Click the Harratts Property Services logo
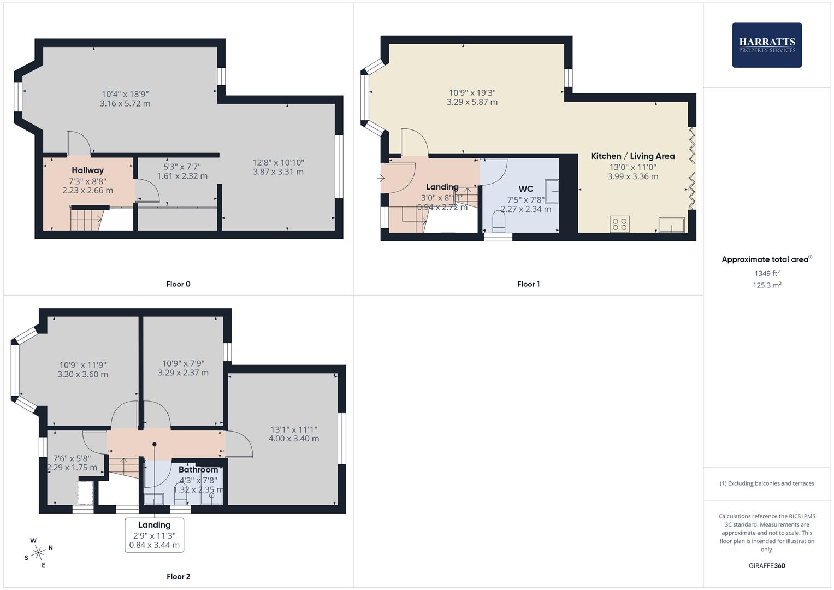766,45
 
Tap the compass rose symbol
38,553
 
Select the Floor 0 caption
178,284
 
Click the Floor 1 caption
528,284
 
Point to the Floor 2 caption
178,576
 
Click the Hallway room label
87,170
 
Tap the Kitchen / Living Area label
632,156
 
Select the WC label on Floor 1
525,189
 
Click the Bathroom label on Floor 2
198,470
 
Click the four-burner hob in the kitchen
619,224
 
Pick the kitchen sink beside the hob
672,225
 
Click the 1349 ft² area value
767,273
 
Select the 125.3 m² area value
767,285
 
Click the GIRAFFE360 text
767,566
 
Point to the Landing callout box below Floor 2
154,534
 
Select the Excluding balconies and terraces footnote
767,483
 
